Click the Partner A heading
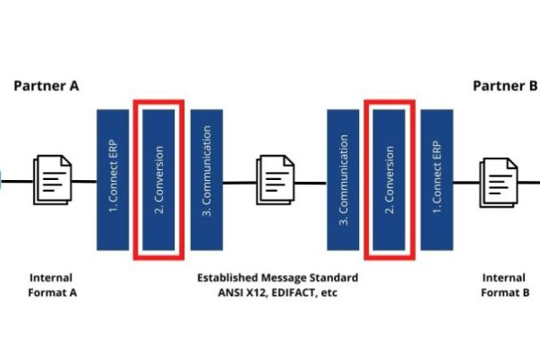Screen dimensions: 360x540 coord(46,86)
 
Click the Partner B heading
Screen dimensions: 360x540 coord(505,86)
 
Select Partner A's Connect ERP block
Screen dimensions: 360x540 coord(112,179)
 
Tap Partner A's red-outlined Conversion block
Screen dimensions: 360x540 coord(158,179)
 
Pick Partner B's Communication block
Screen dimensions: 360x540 coord(344,179)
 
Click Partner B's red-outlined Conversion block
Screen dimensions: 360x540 coord(390,179)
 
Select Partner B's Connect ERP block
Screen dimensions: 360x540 coord(436,179)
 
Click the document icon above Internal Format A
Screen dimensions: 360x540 coord(53,180)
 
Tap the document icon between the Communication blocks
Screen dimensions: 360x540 coord(275,180)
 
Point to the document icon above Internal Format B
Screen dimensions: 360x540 coord(500,180)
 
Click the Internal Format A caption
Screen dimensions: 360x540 coord(51,284)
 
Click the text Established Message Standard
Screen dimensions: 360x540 coord(277,277)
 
